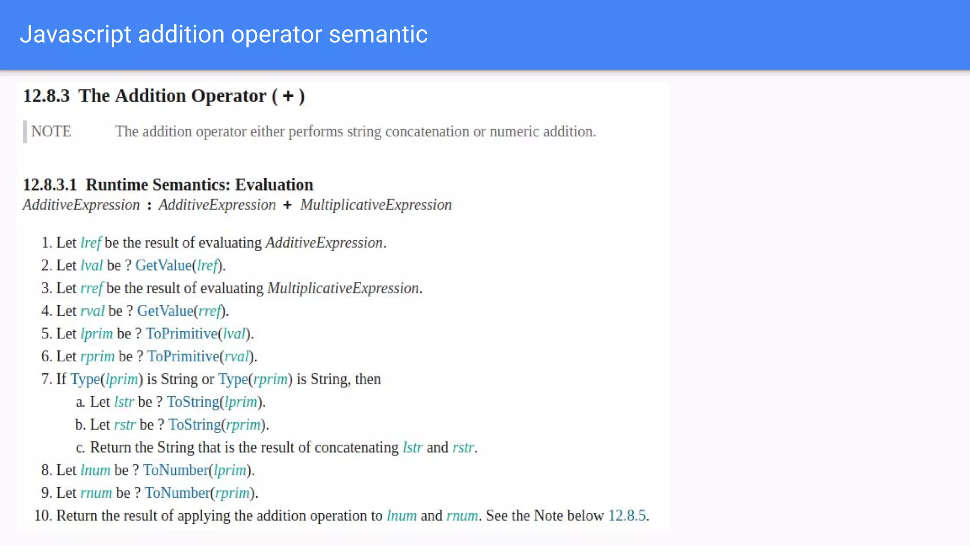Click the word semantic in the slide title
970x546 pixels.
click(378, 35)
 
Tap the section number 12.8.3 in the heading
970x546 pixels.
click(46, 96)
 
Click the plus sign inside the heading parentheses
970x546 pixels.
click(288, 96)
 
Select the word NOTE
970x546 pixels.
click(51, 131)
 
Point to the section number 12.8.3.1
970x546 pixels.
click(50, 185)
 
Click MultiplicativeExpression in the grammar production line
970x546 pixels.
click(376, 205)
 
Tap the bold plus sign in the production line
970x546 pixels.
click(287, 205)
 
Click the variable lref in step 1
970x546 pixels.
click(90, 243)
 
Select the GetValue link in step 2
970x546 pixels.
click(163, 265)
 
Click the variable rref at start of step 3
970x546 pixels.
click(91, 288)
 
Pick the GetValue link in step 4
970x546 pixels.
click(165, 311)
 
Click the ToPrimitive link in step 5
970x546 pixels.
click(181, 334)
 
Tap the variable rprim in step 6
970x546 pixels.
click(98, 356)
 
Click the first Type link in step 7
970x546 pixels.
click(85, 379)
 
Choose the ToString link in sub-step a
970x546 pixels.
click(193, 402)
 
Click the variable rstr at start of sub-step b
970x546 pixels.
click(125, 425)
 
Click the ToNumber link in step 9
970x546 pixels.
click(177, 493)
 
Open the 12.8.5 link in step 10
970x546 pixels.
click(627, 516)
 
